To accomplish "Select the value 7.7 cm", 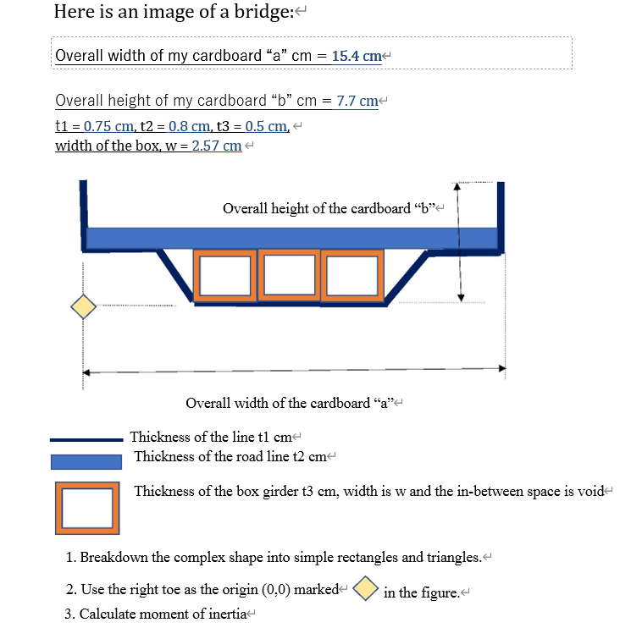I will coord(357,101).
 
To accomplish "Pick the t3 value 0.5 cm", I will coord(266,126).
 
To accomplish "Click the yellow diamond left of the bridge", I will coord(83,306).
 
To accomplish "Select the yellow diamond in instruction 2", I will coord(365,588).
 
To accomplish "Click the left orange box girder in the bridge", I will coord(225,276).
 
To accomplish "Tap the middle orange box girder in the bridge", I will coord(288,276).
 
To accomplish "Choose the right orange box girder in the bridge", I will coord(352,276).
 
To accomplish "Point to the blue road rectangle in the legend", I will coord(86,462).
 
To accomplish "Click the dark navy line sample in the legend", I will coord(86,439).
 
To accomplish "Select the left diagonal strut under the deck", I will coord(177,273).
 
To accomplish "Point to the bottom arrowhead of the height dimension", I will coord(460,296).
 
